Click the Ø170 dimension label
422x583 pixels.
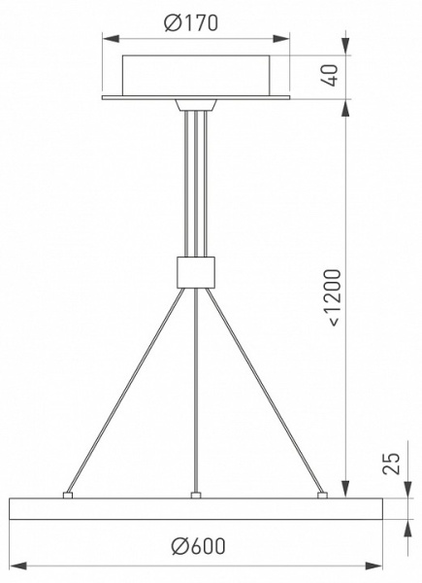[x=191, y=22]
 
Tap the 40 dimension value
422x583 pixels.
[x=330, y=76]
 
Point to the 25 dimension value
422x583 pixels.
[x=392, y=463]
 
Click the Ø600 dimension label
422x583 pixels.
[x=198, y=546]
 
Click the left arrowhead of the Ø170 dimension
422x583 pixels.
[x=111, y=39]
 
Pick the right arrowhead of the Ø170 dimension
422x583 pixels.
[x=281, y=39]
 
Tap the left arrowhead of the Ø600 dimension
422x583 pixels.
[x=18, y=566]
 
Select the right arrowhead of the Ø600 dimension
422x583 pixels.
[x=373, y=566]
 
